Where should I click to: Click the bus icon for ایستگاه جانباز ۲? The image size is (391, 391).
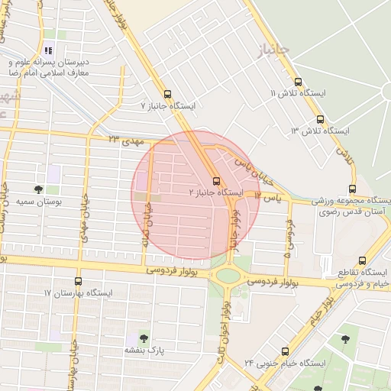pos(216,181)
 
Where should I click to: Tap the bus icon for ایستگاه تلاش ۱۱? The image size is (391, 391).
pos(297,82)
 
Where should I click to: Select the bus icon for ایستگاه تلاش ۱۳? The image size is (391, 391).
pos(319,119)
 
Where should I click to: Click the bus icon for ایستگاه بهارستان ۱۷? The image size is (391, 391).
pos(77,282)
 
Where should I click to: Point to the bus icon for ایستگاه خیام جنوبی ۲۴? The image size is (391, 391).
pos(285,351)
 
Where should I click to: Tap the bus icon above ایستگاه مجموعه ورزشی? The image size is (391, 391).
pos(352,189)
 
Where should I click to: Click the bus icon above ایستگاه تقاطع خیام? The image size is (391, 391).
pos(362,260)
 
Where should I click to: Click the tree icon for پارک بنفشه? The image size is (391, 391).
pos(144,338)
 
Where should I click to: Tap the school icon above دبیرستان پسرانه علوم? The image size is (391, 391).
pos(50,50)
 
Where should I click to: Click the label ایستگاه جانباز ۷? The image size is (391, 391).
pos(174,105)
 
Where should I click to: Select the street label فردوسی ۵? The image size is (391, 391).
pos(289,237)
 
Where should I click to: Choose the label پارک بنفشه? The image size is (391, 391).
pos(144,351)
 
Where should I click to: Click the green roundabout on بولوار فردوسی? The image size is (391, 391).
pos(228,275)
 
